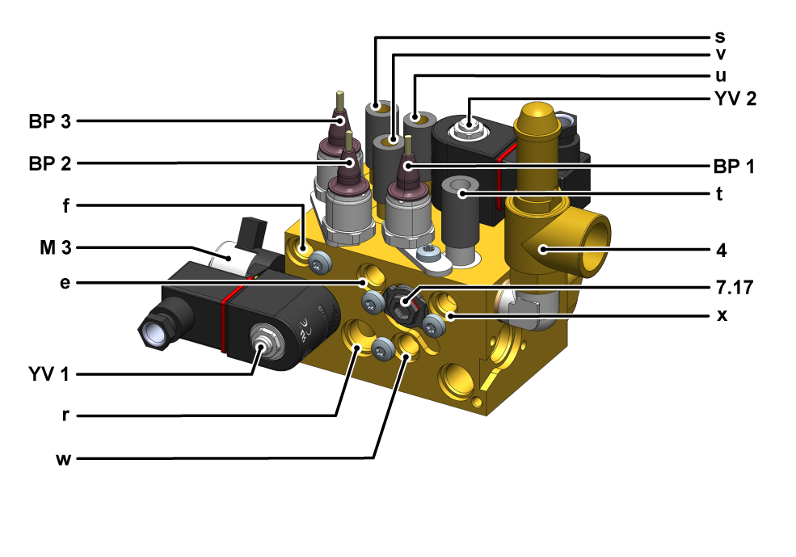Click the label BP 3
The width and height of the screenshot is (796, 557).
coord(50,122)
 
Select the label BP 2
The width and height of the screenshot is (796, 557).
coord(50,164)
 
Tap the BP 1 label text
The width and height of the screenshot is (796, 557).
coord(734,167)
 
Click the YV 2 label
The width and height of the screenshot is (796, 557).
coord(735,99)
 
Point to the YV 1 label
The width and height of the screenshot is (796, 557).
coord(48,375)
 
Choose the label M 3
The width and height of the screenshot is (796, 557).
coord(56,248)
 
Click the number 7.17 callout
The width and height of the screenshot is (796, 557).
coord(735,288)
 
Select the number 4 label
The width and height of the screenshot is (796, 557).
coord(722,251)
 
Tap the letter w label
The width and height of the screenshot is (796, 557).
coord(64,459)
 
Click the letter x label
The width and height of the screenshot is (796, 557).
coord(722,315)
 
